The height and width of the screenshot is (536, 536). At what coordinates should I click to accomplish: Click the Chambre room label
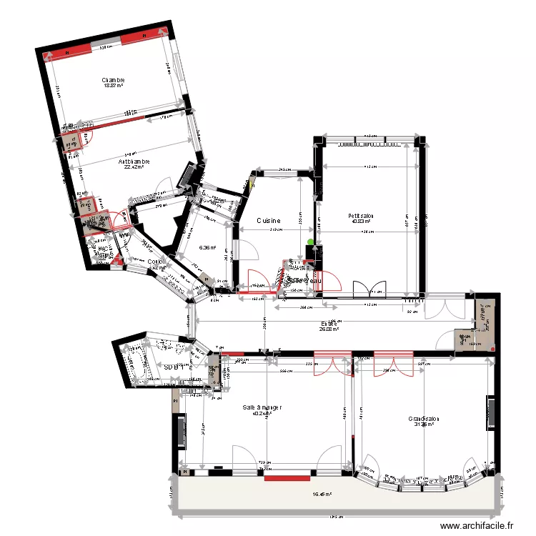coord(113,80)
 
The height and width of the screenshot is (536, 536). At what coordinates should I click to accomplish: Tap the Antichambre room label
coord(134,162)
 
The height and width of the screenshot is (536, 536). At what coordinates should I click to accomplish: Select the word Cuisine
coord(269,221)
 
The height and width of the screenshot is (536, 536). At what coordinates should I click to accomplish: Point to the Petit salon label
coord(362,216)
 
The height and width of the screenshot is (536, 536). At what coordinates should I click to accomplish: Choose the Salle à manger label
coord(262,407)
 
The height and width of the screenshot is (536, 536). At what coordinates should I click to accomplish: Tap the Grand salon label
coord(423,419)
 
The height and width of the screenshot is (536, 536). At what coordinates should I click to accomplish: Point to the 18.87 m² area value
coord(113,86)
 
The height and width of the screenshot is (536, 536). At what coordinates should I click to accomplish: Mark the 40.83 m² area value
coord(362,222)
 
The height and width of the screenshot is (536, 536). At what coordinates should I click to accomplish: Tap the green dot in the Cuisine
coord(310,242)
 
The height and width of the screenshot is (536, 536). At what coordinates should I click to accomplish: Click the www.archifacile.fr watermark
coord(477,525)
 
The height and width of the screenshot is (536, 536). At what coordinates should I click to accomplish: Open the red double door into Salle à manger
coord(332,362)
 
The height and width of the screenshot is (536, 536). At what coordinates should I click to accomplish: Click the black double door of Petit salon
coord(369,289)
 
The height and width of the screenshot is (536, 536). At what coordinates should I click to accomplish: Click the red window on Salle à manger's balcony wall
coord(287,477)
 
